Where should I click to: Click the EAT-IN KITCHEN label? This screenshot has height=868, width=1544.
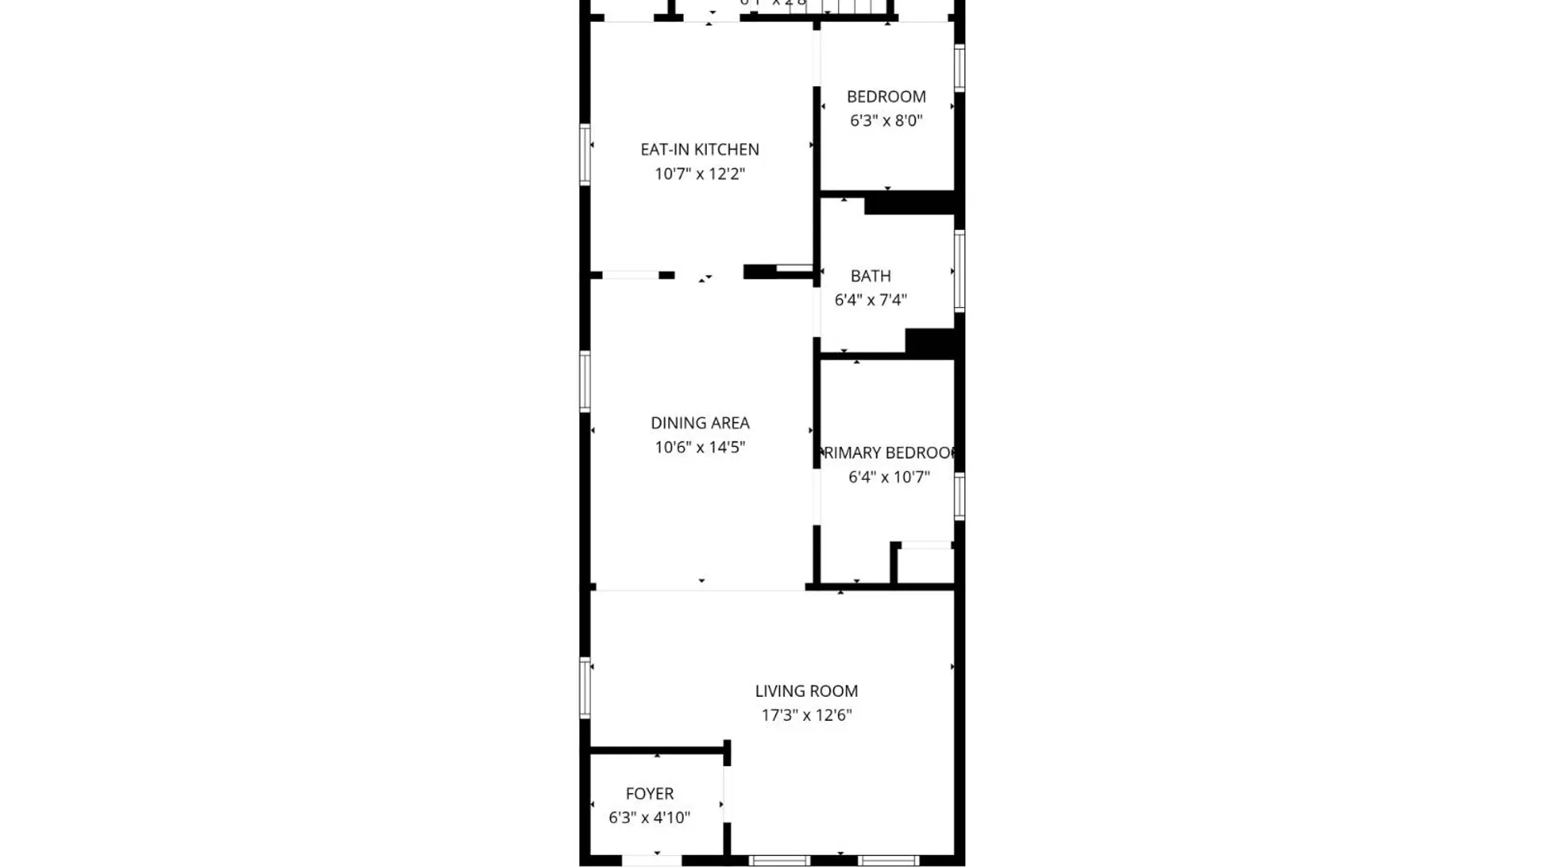700,149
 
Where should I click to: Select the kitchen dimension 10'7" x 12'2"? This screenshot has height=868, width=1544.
700,174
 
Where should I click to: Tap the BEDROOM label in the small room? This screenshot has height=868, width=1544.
886,96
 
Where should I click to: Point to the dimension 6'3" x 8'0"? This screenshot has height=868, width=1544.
886,121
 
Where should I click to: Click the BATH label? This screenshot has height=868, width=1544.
871,276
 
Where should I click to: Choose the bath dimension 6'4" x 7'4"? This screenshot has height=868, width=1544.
871,300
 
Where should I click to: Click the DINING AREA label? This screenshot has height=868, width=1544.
700,423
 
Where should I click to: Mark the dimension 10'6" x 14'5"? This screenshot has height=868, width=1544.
700,447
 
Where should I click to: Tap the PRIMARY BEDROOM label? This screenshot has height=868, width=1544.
889,452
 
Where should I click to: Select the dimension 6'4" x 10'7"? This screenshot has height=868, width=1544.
889,477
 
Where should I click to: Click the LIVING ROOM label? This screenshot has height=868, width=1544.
807,691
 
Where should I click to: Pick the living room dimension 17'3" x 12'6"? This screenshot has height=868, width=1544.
807,715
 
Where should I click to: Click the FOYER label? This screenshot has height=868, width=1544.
650,793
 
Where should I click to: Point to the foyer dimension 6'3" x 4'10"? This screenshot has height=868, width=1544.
650,817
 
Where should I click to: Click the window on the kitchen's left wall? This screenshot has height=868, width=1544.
585,154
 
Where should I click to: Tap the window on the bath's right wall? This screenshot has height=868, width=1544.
959,271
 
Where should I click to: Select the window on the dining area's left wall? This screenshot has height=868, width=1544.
585,381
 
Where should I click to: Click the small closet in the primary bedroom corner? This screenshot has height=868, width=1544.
925,566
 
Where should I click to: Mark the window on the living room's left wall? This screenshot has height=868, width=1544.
585,687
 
